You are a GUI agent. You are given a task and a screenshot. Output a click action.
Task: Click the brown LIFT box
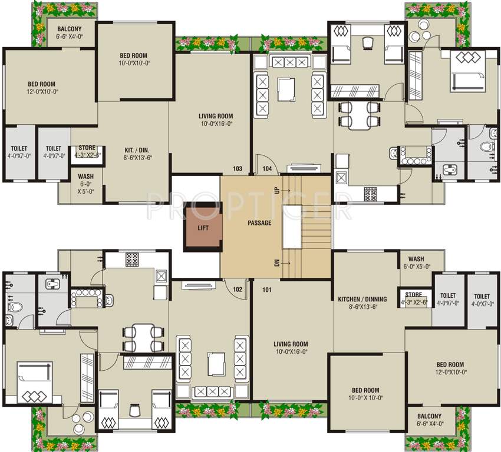coord(203,226)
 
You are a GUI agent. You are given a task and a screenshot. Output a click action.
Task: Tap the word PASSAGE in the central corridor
coord(259,223)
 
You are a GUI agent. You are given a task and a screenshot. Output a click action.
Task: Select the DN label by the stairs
coord(276,262)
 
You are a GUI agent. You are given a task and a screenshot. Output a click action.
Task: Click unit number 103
coord(238,169)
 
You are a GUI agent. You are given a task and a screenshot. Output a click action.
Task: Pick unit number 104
coord(266,169)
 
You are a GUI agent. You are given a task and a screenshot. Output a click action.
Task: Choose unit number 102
coord(238,289)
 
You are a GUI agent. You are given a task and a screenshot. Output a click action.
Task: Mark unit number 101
coord(266,289)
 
